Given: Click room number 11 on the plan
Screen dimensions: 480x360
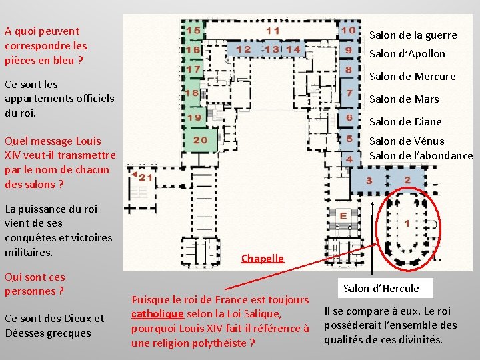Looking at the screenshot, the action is coord(273,31).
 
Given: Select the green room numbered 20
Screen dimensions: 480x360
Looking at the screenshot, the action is coord(201,140).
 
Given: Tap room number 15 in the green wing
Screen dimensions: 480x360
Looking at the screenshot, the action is coord(193,30).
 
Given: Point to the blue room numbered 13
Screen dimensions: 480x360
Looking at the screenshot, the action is coord(272,49).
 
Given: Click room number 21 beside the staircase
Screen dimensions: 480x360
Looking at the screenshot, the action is coord(145,177).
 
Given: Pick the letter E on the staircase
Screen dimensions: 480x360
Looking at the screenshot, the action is coord(343,216).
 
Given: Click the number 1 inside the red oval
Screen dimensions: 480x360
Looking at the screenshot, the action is coord(407,223).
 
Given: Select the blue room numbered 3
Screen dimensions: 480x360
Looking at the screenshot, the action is coord(369,180).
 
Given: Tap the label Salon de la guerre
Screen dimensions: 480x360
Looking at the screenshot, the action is coord(413,35).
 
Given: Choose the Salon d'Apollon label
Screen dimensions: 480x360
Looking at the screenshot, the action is coord(407,54).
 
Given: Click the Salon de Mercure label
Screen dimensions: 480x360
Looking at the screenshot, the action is coord(413,76).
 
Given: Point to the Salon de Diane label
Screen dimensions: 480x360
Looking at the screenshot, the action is coord(405,122).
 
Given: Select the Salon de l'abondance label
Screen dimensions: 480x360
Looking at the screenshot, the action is coord(421,156).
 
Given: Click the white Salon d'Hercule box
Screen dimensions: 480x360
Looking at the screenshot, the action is coord(385,288).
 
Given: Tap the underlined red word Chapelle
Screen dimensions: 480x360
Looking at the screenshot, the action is coord(263,259).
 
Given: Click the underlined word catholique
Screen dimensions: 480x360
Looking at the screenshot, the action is coord(157,314).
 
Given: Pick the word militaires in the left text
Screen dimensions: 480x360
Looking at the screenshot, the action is coord(29,253).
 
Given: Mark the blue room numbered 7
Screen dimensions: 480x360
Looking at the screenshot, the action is coord(349,93).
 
